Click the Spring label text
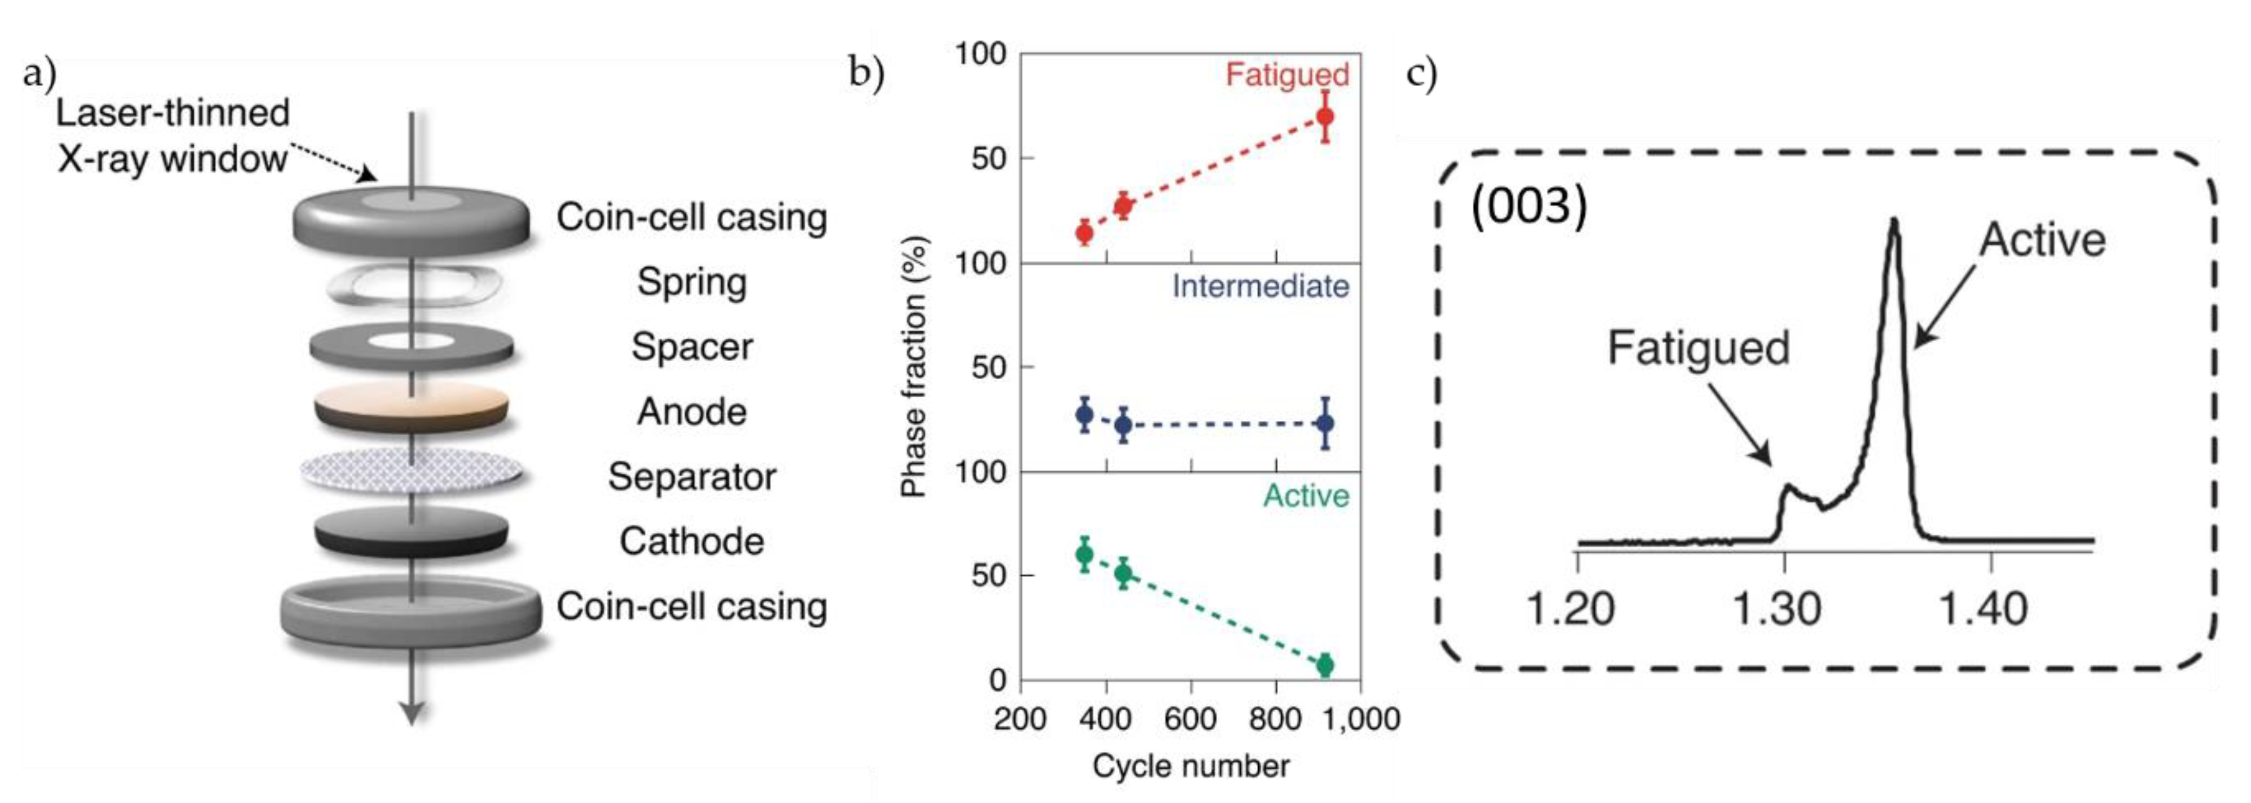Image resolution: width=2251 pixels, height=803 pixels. click(x=691, y=282)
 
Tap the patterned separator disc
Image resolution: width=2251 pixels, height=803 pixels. click(x=411, y=473)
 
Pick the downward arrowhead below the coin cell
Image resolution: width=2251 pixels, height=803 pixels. click(x=411, y=712)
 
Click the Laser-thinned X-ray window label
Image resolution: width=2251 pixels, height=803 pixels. click(x=172, y=136)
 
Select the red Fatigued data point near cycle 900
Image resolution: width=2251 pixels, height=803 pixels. click(x=1325, y=116)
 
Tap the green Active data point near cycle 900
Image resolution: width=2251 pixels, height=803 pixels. click(x=1325, y=665)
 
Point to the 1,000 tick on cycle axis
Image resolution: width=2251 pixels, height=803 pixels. click(x=1360, y=718)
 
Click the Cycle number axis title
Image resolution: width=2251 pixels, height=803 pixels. click(x=1190, y=766)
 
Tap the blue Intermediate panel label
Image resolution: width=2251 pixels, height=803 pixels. click(x=1259, y=286)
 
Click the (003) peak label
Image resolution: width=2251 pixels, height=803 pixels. click(x=1528, y=208)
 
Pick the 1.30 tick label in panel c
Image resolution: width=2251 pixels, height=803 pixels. click(x=1776, y=609)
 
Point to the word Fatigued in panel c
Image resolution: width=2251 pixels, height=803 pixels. click(x=1698, y=348)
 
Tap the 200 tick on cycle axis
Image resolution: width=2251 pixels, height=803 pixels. click(x=1021, y=718)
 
